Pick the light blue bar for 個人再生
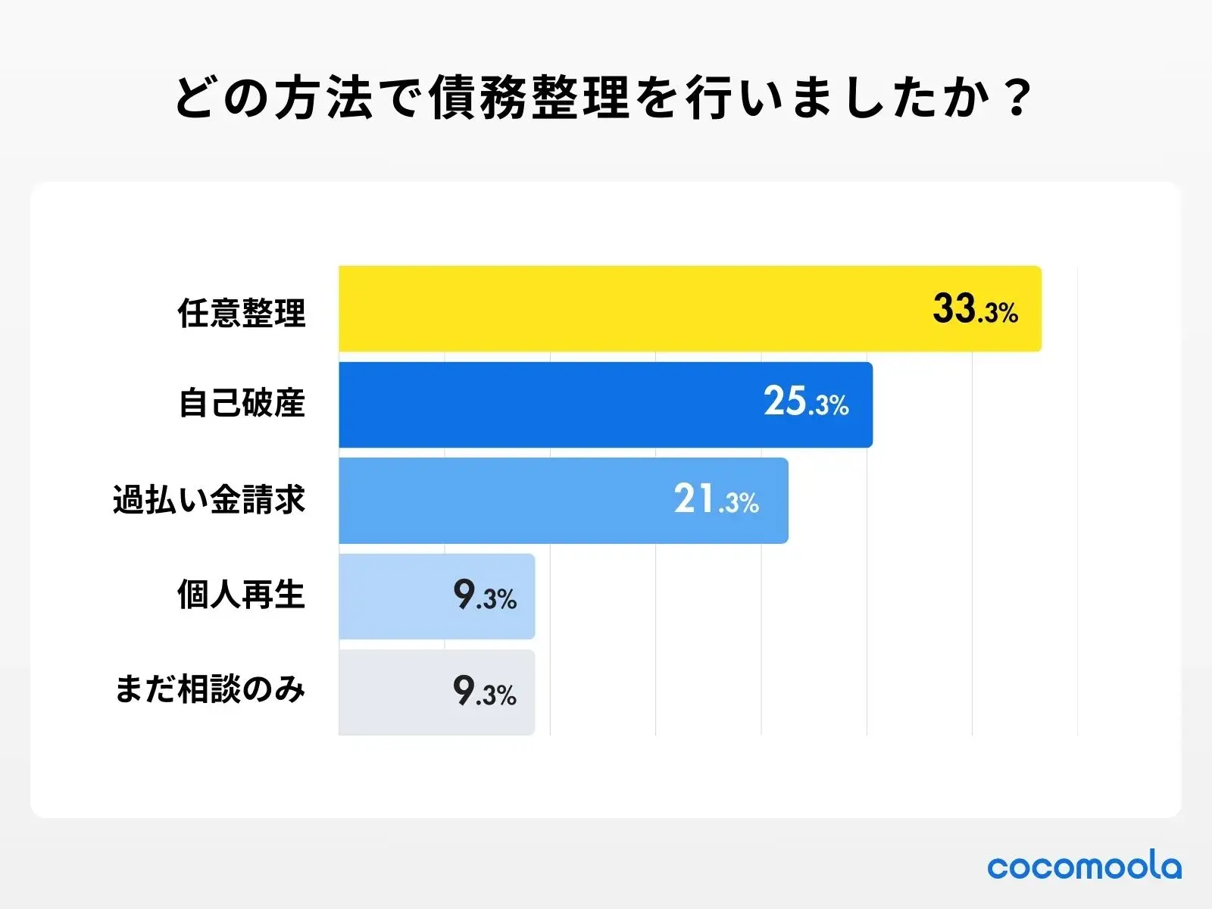click(394, 596)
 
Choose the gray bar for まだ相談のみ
click(394, 692)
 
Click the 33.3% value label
click(975, 310)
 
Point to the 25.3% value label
click(806, 402)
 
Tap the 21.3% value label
click(716, 500)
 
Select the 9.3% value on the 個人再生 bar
click(485, 596)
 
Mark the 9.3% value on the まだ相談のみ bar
click(485, 692)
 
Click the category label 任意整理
click(242, 312)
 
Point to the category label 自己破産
click(242, 402)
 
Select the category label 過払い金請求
click(209, 500)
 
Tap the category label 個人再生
click(241, 595)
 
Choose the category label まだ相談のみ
click(210, 690)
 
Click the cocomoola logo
click(1084, 867)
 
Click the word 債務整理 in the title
click(529, 98)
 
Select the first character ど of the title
click(195, 98)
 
